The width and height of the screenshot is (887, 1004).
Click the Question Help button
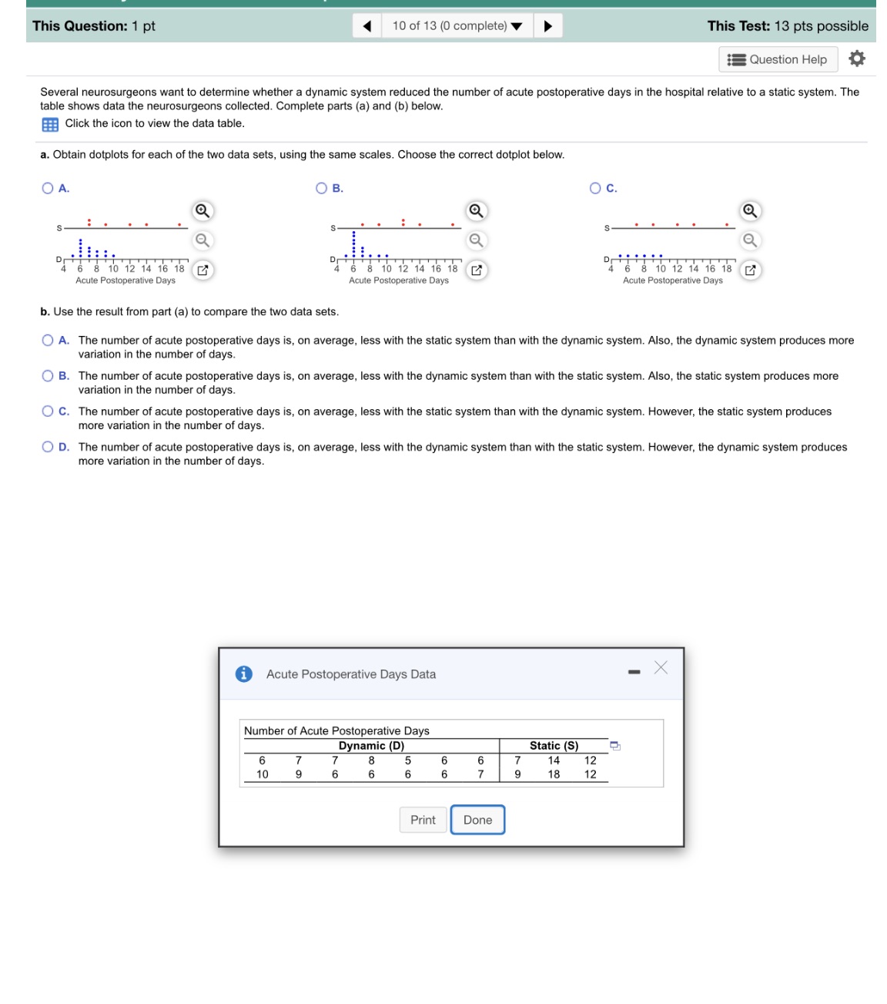[x=778, y=59]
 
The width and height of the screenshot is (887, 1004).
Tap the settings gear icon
[x=857, y=59]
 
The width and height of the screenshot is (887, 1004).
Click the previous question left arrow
[x=367, y=26]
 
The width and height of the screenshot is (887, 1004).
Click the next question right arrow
[x=547, y=26]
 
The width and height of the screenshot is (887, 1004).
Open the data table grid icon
[x=50, y=124]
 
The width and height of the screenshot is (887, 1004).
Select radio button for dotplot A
[x=48, y=188]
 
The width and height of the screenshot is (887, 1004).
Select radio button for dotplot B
[x=322, y=188]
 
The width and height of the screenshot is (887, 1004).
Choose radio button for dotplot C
[x=595, y=188]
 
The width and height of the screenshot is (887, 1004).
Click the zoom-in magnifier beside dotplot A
[x=202, y=211]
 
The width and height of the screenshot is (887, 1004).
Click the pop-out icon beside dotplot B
[x=477, y=270]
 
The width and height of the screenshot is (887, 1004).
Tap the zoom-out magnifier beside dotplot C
[x=750, y=240]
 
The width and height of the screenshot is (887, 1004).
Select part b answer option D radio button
[x=48, y=447]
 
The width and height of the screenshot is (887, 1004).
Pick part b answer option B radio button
[x=48, y=376]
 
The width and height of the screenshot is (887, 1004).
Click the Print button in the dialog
[x=423, y=820]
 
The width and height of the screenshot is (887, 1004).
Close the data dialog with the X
[x=661, y=668]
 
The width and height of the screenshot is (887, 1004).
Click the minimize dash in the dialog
[x=634, y=673]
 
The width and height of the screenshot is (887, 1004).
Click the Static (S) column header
[x=554, y=746]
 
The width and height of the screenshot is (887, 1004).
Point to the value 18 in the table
[x=554, y=774]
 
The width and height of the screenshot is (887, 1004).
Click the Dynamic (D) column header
[x=371, y=746]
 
